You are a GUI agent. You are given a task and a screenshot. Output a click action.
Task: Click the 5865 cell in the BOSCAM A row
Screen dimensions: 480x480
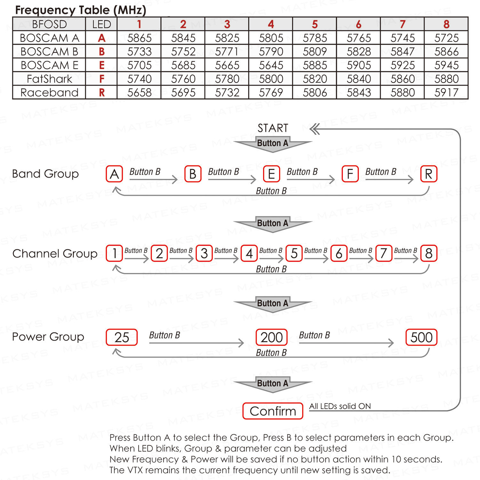pyautogui.click(x=139, y=38)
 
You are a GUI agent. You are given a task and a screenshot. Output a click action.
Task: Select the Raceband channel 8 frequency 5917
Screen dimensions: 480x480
pyautogui.click(x=446, y=92)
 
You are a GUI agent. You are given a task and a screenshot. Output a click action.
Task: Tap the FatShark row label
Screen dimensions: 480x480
pyautogui.click(x=49, y=79)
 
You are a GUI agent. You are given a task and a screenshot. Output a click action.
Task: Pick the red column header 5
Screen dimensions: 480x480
pyautogui.click(x=315, y=24)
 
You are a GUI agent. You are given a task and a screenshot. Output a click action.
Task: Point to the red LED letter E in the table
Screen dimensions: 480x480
pyautogui.click(x=102, y=65)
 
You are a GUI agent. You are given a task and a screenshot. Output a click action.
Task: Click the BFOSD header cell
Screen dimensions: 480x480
pyautogui.click(x=49, y=24)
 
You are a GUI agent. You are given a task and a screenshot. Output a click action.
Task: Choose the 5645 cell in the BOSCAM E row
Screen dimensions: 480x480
pyautogui.click(x=271, y=65)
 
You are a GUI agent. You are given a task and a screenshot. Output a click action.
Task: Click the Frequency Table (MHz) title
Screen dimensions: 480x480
pyautogui.click(x=81, y=10)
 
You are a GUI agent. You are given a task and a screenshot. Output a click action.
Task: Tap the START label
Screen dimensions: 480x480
pyautogui.click(x=273, y=128)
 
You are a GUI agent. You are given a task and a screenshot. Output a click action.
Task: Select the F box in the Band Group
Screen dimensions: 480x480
pyautogui.click(x=350, y=174)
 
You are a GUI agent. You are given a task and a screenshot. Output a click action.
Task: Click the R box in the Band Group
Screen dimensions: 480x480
pyautogui.click(x=428, y=174)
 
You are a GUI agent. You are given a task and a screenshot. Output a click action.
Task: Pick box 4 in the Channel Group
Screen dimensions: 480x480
pyautogui.click(x=249, y=253)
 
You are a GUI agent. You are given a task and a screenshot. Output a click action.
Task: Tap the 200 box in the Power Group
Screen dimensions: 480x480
pyautogui.click(x=271, y=337)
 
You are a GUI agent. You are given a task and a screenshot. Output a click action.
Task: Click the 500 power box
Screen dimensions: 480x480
pyautogui.click(x=421, y=337)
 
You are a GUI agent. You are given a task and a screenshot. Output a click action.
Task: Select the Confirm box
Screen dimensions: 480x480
pyautogui.click(x=273, y=411)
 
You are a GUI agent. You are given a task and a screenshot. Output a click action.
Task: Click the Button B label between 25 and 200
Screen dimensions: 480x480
pyautogui.click(x=164, y=335)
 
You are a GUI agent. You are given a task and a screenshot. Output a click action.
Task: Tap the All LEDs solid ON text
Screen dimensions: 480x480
pyautogui.click(x=340, y=406)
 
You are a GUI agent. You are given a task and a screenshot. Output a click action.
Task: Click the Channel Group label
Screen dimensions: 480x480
pyautogui.click(x=55, y=253)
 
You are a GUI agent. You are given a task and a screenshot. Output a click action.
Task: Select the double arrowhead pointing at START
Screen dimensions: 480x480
pyautogui.click(x=315, y=129)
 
